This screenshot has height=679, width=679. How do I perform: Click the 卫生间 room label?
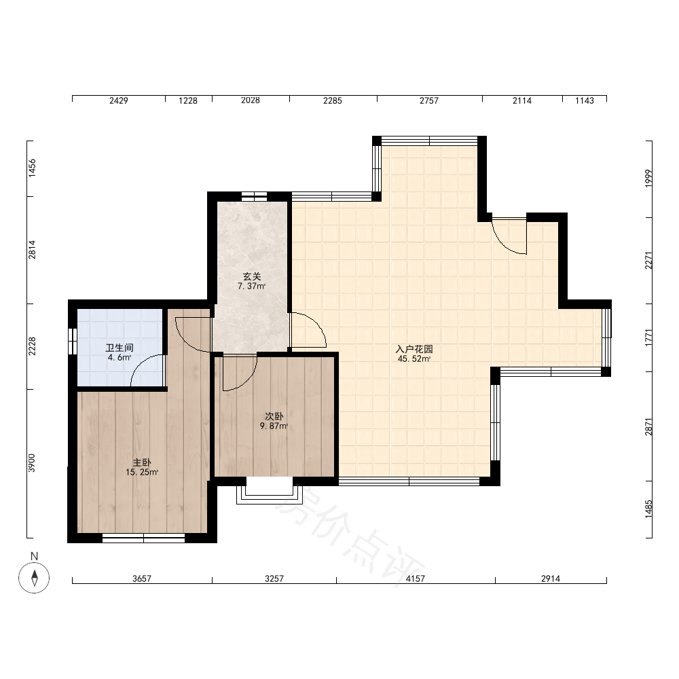120,348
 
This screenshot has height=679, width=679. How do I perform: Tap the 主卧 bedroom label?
142,462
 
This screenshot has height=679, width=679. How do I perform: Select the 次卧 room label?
274,416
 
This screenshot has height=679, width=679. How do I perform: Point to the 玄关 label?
252,276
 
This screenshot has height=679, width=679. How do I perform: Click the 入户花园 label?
414,349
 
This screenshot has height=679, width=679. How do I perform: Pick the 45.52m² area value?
414,359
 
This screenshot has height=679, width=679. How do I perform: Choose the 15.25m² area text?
142,473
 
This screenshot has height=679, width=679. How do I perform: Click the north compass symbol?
34,578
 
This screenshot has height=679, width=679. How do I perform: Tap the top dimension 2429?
119,100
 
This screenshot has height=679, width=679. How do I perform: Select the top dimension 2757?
429,100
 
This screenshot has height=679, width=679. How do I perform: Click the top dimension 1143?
585,100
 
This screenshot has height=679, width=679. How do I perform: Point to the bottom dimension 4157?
416,579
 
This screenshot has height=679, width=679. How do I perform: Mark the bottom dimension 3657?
142,579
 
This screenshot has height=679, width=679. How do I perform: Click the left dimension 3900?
32,463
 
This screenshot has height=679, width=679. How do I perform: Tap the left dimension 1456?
32,168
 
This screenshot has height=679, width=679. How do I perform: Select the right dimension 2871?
648,426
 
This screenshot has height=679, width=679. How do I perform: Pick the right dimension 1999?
648,179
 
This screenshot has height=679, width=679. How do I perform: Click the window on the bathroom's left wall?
73,342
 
